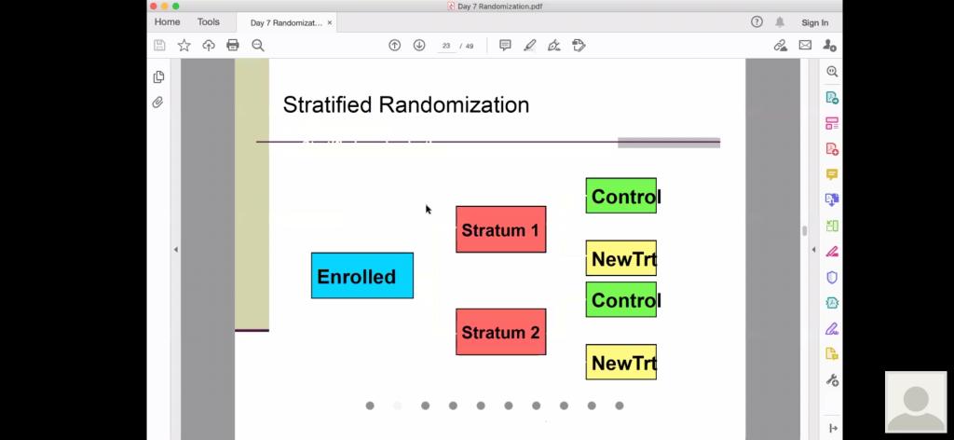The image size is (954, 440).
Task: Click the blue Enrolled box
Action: click(x=362, y=276)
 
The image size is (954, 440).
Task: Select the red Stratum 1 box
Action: click(x=500, y=229)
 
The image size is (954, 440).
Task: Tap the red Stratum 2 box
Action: click(x=500, y=332)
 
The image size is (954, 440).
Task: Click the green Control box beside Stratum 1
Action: click(x=621, y=196)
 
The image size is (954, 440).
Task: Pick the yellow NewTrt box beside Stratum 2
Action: click(x=621, y=362)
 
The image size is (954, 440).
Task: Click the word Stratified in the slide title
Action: click(x=327, y=104)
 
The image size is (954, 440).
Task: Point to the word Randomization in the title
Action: click(x=454, y=104)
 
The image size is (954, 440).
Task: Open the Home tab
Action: click(x=167, y=22)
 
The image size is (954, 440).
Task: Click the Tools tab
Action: click(x=208, y=22)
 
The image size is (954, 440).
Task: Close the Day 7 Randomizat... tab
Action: click(x=330, y=22)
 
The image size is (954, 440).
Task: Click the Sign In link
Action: click(x=814, y=22)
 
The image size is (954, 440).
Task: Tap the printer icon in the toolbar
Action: click(x=232, y=45)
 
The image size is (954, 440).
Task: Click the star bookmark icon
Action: click(x=184, y=45)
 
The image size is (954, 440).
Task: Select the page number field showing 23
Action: click(x=446, y=46)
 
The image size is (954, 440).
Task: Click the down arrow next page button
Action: click(x=419, y=45)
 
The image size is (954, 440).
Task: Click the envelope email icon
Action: click(x=805, y=45)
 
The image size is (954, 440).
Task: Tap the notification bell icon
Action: click(x=780, y=22)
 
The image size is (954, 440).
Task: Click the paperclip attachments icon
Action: click(x=158, y=103)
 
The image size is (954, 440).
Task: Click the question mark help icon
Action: click(x=756, y=22)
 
